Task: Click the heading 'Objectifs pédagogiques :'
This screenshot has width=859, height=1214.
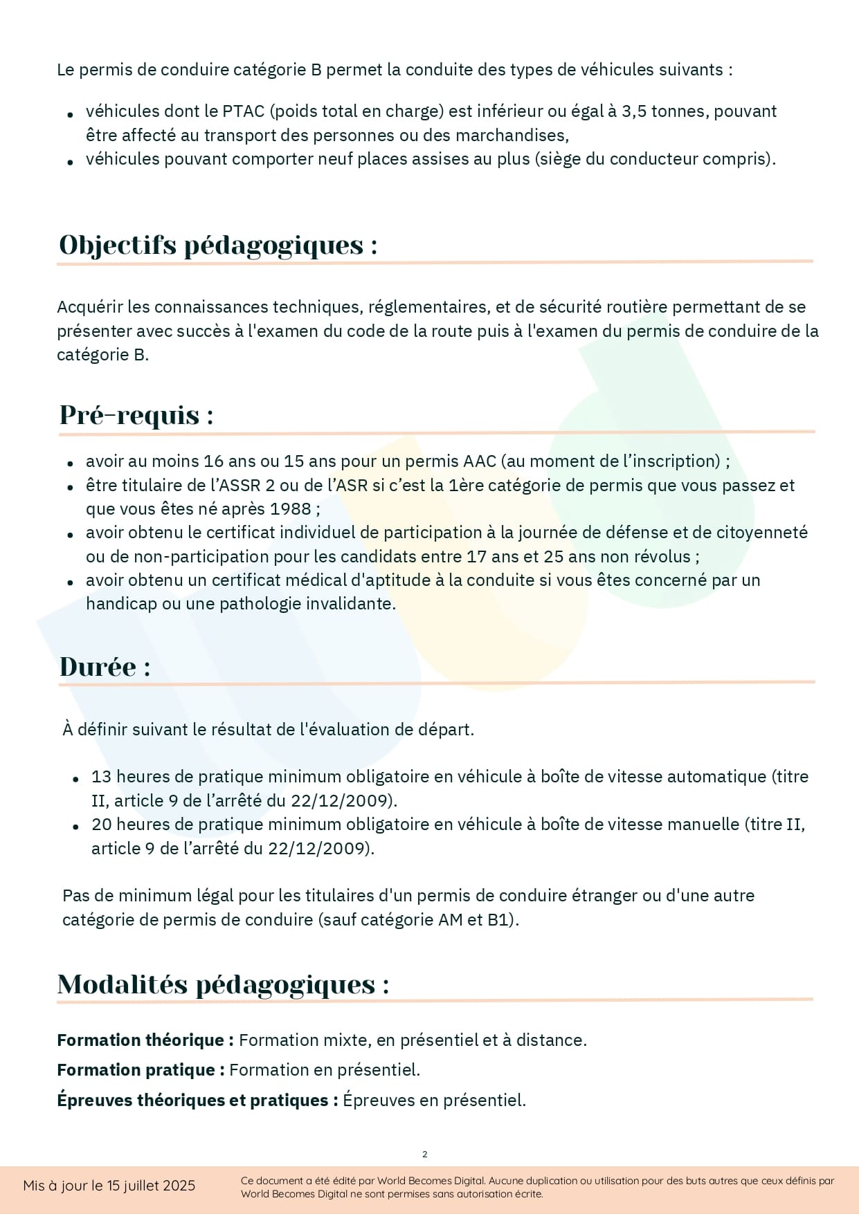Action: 218,245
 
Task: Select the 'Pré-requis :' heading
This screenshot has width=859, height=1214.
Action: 136,415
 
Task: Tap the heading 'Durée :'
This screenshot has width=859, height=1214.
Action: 105,667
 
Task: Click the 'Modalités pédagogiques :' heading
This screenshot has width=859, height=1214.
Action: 223,984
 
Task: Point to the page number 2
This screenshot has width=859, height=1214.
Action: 425,1154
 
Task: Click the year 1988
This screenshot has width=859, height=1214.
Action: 291,509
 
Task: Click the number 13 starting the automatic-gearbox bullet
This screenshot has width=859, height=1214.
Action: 101,777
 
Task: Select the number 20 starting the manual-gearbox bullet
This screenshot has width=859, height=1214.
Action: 102,825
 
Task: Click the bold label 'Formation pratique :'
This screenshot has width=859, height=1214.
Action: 141,1070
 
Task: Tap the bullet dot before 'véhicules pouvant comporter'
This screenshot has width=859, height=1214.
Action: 70,162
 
